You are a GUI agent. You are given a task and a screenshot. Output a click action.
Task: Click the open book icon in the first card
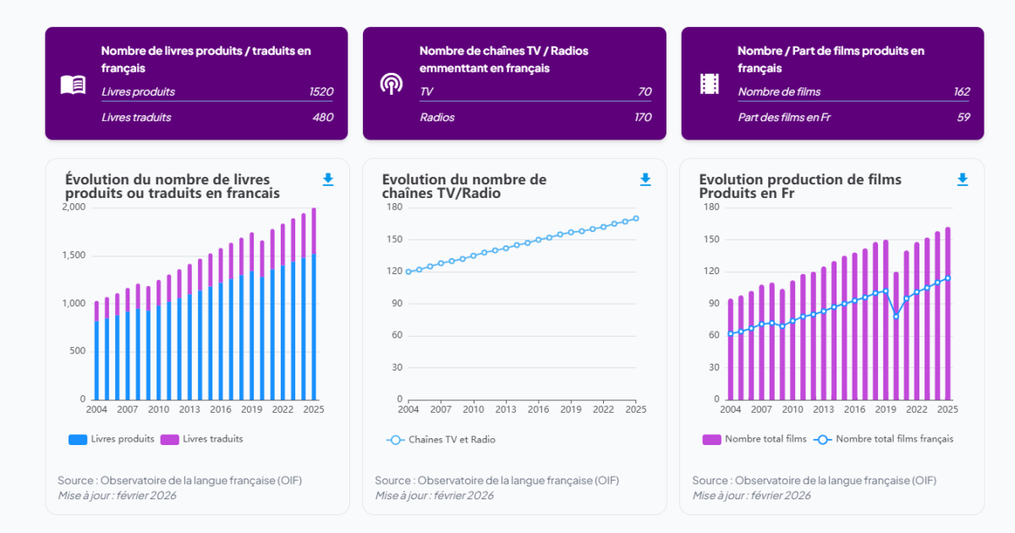[x=73, y=85]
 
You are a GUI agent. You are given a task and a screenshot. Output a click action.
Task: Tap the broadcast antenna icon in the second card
[x=391, y=84]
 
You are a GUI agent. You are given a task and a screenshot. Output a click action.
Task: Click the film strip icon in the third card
[x=709, y=84]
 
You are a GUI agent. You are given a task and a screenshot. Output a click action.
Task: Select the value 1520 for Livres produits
[x=321, y=91]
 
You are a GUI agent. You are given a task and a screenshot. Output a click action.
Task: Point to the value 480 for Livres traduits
[x=323, y=117]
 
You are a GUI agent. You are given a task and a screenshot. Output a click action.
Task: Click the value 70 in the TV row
[x=645, y=91]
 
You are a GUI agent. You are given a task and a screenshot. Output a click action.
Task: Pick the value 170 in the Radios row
[x=643, y=117]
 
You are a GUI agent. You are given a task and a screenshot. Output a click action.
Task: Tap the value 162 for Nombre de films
[x=961, y=91]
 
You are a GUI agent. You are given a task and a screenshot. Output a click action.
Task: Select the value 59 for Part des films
[x=963, y=117]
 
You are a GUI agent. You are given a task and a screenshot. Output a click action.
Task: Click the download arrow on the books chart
[x=328, y=179]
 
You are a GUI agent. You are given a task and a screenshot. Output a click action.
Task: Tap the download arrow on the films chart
[x=963, y=179]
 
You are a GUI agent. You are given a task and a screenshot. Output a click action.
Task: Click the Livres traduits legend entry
[x=202, y=439]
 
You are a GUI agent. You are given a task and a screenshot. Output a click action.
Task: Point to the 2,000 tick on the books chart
[x=74, y=207]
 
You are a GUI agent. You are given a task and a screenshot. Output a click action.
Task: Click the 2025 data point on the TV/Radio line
[x=636, y=218]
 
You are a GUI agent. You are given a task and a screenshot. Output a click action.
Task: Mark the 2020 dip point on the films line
[x=897, y=316]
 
